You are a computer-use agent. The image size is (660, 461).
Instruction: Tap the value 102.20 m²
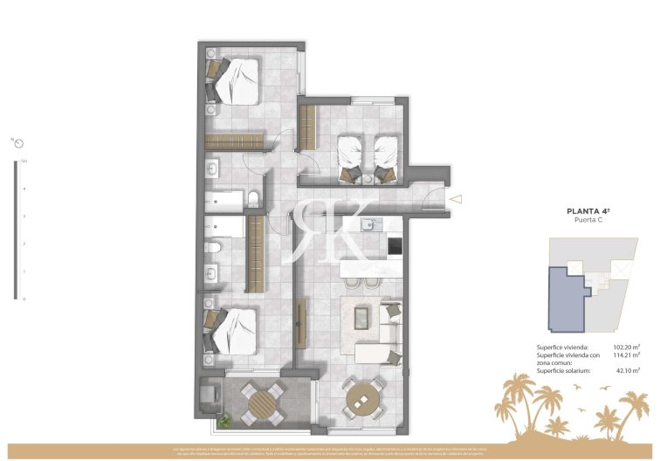625,347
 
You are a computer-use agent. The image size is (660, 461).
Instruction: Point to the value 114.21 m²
625,355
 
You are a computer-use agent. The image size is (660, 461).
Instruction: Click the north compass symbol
18,142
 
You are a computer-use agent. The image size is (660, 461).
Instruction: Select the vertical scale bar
16,230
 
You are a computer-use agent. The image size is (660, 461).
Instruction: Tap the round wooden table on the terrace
262,404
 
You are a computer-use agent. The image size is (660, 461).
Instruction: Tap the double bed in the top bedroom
234,80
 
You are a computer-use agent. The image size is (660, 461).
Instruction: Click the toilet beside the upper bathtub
251,200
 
